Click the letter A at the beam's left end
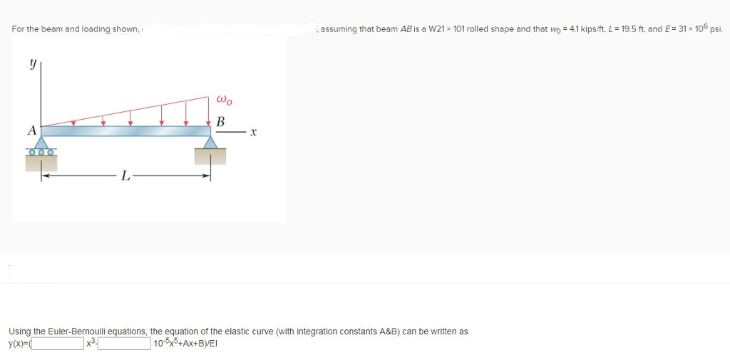pos(31,130)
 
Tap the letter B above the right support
pos(220,122)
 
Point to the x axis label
pos(253,133)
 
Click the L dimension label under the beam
pos(125,177)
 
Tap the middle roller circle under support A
pos(42,152)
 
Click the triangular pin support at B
pos(210,143)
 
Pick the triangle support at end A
pos(42,143)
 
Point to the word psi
pos(716,29)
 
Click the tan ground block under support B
pos(210,156)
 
